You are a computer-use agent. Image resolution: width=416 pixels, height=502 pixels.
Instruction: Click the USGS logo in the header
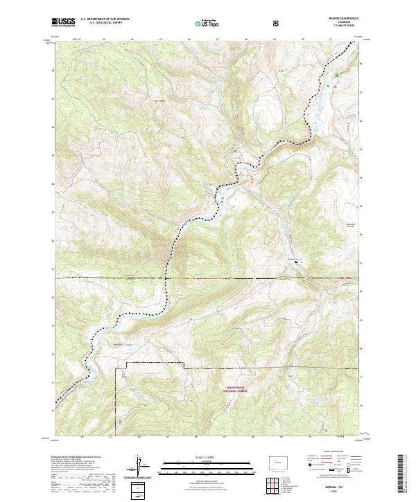(64, 22)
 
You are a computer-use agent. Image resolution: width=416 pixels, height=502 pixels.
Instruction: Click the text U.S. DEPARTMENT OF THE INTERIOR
(105, 19)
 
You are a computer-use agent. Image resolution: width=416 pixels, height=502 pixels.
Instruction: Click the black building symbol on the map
(297, 262)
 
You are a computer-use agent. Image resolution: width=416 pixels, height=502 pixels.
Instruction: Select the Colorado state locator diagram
(277, 460)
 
